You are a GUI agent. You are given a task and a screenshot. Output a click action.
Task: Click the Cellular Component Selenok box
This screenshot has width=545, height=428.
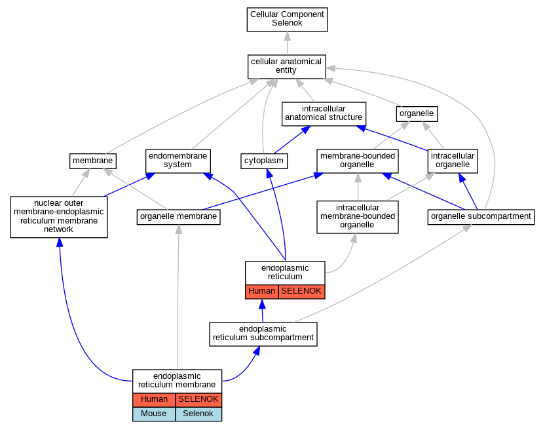(x=287, y=20)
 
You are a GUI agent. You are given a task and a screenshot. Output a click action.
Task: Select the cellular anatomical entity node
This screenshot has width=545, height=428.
(x=286, y=66)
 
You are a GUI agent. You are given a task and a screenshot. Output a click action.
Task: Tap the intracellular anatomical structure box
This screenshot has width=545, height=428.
(x=324, y=113)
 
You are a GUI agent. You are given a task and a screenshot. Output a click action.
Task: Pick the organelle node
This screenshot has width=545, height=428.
(x=417, y=113)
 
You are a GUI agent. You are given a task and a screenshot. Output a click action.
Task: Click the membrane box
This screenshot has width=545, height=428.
(x=93, y=161)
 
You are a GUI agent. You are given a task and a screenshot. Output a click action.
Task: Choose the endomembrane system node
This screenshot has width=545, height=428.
(x=178, y=161)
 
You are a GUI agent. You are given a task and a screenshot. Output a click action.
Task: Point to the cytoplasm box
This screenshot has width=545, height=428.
(x=264, y=161)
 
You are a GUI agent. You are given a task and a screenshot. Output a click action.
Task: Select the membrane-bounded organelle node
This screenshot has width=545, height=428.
(x=358, y=161)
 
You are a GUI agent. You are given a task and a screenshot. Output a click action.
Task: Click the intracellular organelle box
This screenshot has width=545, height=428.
(x=453, y=161)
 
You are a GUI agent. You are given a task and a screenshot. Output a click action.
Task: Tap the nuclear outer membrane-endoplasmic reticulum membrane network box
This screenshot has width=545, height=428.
(x=59, y=217)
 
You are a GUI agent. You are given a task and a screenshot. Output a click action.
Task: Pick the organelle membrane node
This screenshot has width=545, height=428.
(x=178, y=217)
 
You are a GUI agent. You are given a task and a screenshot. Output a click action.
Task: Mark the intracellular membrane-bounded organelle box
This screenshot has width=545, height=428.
(x=358, y=217)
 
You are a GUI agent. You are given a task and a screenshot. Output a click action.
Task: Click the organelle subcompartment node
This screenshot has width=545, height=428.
(x=481, y=217)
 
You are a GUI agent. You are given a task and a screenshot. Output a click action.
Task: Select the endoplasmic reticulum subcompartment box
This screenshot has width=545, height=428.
(x=263, y=334)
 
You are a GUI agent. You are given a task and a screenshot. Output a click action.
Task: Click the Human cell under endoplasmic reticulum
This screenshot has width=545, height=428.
(x=262, y=292)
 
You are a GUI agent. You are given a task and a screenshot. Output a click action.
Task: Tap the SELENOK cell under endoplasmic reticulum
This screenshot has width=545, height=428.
(x=301, y=292)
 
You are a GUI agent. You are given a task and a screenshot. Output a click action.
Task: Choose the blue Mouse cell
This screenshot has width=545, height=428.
(x=154, y=414)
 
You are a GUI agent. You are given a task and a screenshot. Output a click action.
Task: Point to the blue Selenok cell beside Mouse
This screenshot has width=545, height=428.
(x=198, y=414)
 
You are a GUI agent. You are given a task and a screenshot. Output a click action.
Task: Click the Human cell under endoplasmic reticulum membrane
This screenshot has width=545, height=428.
(x=154, y=400)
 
